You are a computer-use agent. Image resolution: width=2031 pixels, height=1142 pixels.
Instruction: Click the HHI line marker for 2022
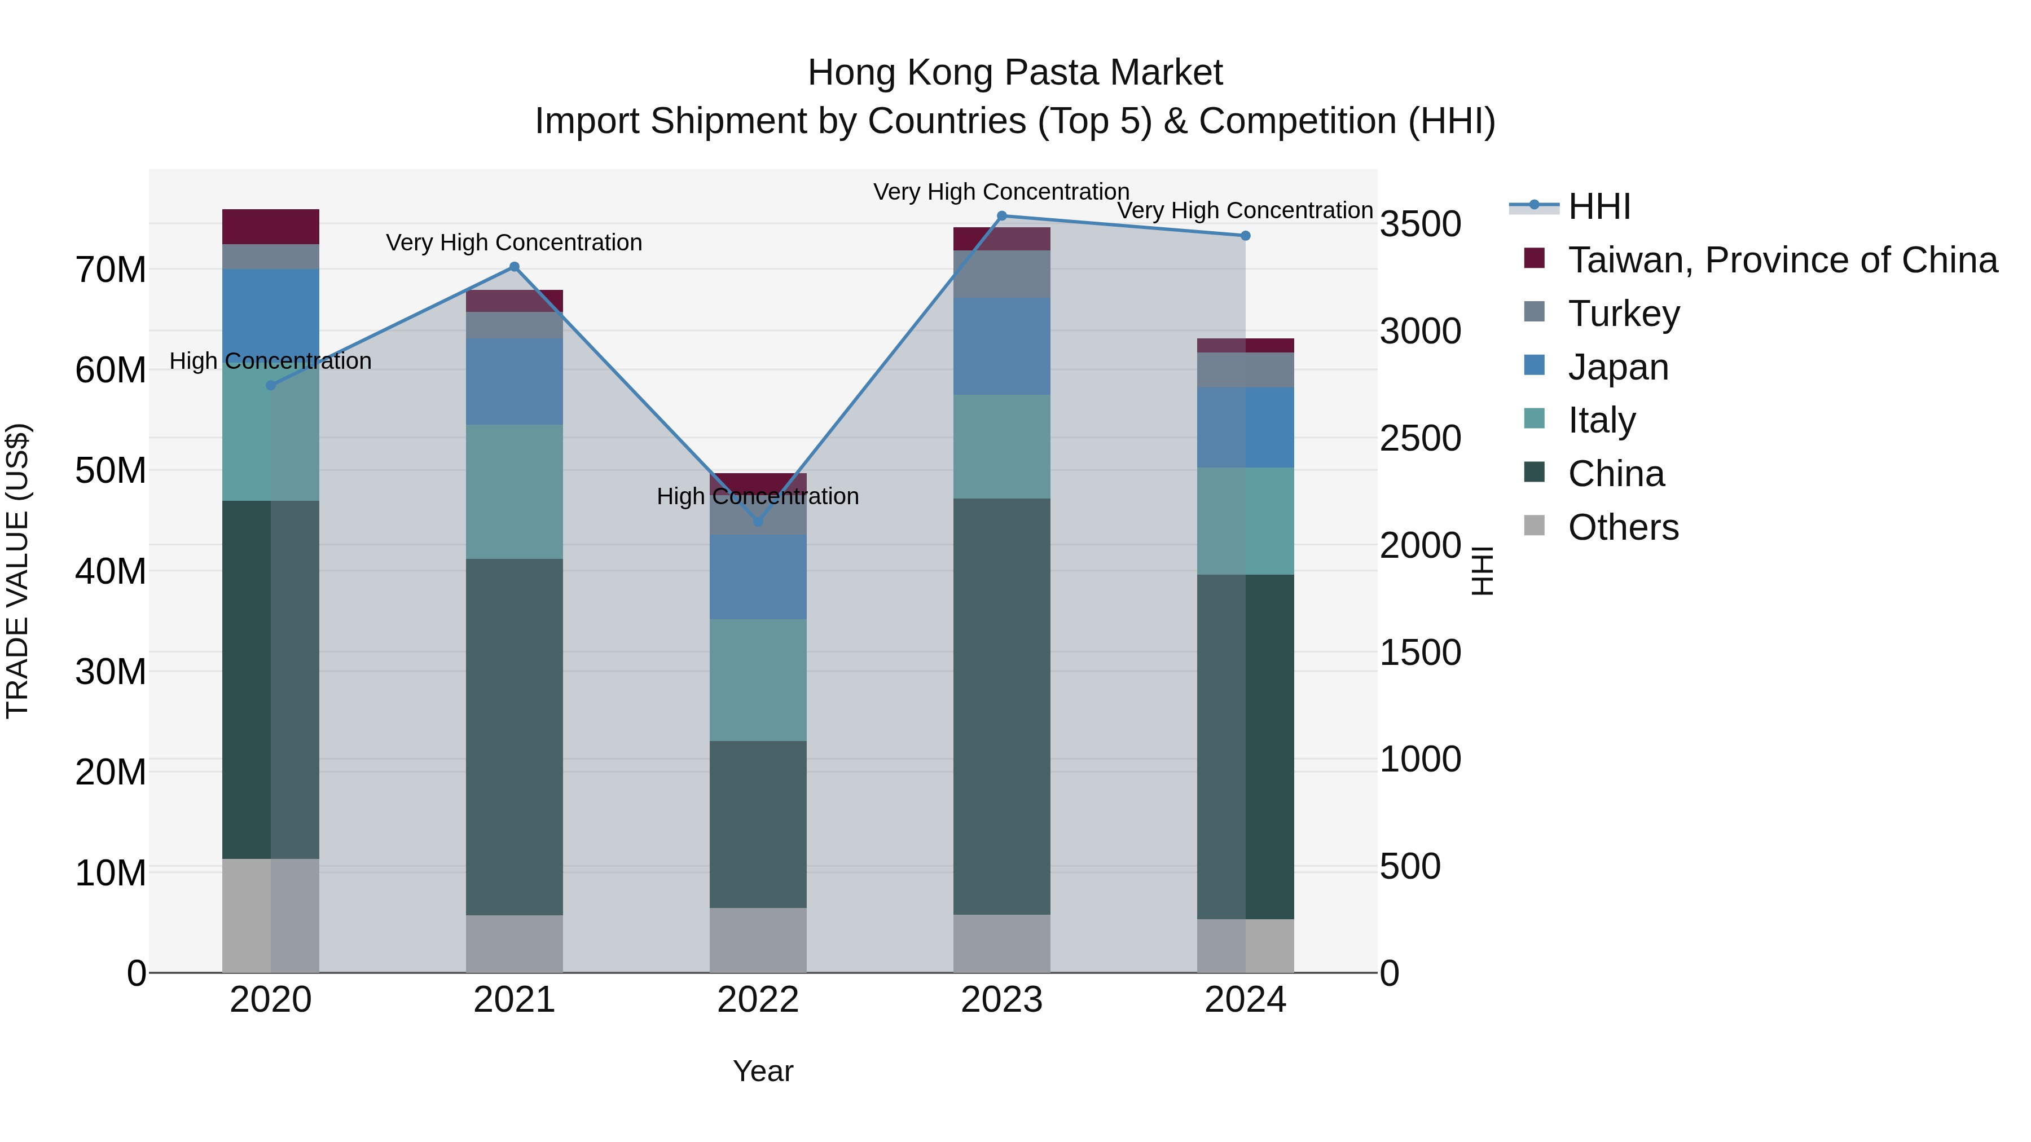pyautogui.click(x=758, y=521)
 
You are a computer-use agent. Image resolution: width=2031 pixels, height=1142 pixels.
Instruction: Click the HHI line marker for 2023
pyautogui.click(x=1001, y=216)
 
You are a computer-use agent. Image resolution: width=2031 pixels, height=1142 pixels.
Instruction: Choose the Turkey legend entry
pyautogui.click(x=1623, y=314)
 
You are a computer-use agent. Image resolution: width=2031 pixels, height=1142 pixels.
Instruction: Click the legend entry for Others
pyautogui.click(x=1623, y=527)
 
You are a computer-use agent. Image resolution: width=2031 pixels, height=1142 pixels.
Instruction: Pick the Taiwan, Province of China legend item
pyautogui.click(x=1782, y=260)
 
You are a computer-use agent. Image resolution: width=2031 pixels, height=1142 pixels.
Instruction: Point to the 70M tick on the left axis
pyautogui.click(x=111, y=270)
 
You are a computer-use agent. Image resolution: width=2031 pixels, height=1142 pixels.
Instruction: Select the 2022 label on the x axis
pyautogui.click(x=758, y=1000)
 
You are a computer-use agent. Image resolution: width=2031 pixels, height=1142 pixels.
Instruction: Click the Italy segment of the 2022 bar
pyautogui.click(x=758, y=680)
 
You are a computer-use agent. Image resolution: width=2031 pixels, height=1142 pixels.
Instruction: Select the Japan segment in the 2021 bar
pyautogui.click(x=514, y=381)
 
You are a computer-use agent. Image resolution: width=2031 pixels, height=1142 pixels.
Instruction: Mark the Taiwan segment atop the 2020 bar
pyautogui.click(x=270, y=227)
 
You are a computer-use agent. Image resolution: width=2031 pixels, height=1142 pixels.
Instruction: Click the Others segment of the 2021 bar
pyautogui.click(x=514, y=943)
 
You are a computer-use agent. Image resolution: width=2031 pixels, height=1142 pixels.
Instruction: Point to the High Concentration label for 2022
pyautogui.click(x=758, y=496)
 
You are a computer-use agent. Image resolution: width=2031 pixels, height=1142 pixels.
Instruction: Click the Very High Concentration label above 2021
pyautogui.click(x=514, y=242)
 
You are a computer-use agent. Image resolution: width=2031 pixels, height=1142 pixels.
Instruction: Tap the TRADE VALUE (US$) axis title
pyautogui.click(x=17, y=571)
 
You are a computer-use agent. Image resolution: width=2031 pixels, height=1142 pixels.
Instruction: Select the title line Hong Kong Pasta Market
pyautogui.click(x=1015, y=73)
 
